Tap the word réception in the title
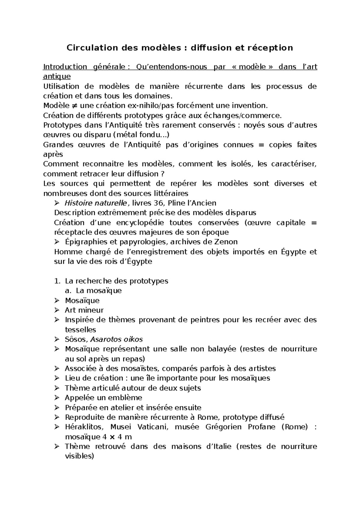[x=273, y=48]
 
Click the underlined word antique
[x=57, y=77]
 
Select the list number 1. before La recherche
[x=58, y=281]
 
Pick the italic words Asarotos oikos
[x=116, y=339]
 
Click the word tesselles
[x=80, y=330]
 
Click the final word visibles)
[x=79, y=456]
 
